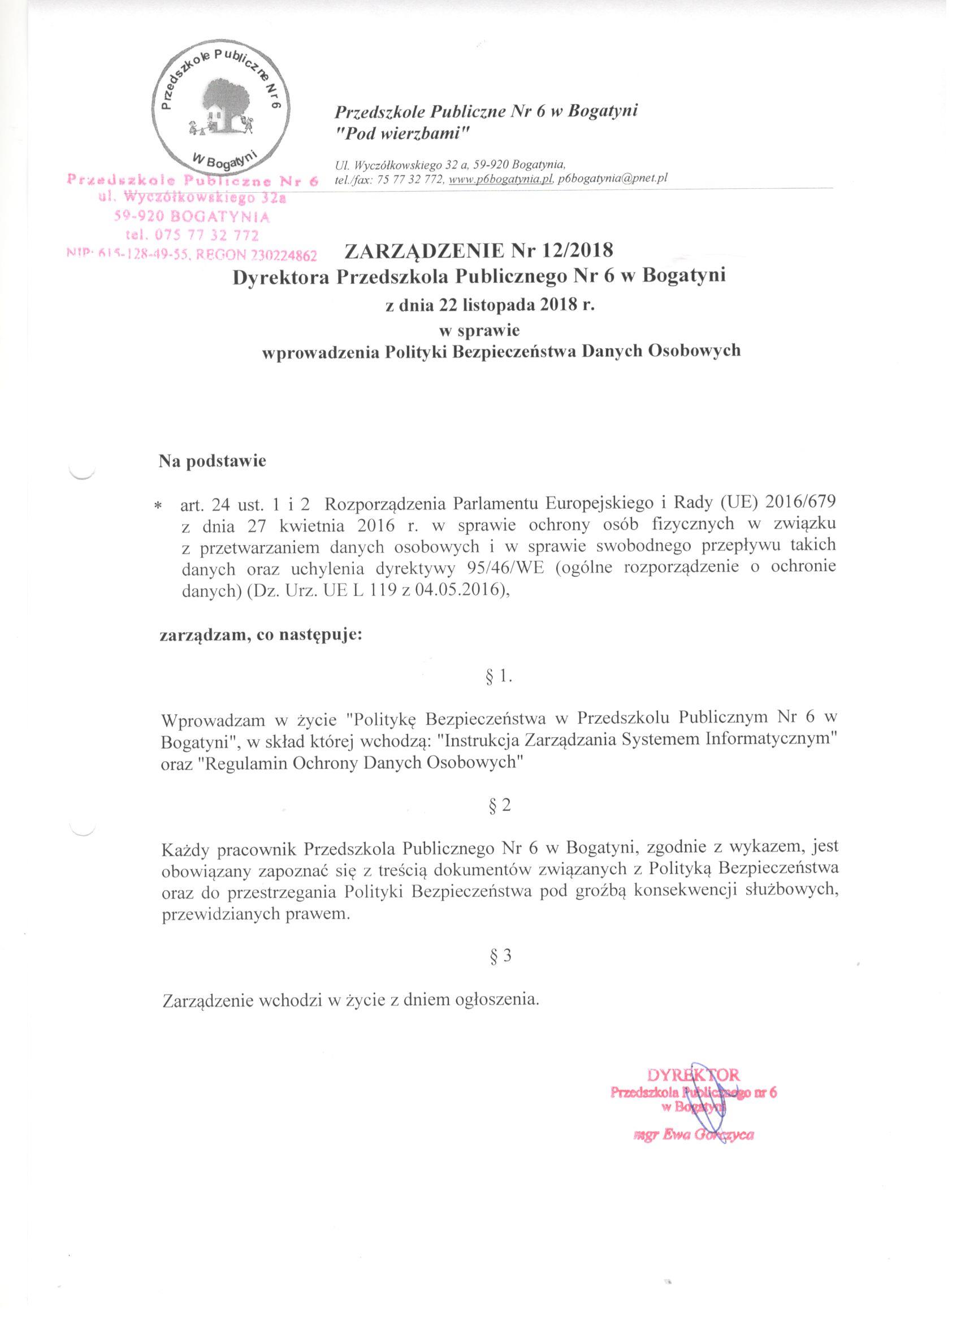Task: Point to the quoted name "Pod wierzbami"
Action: (x=402, y=134)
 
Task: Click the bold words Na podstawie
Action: (x=213, y=461)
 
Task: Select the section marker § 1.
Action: (x=498, y=677)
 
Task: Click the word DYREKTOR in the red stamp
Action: (x=693, y=1074)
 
